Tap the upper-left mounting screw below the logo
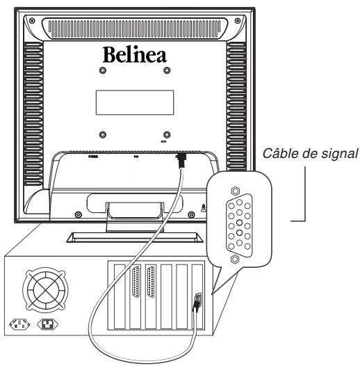103,71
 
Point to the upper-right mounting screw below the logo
165,71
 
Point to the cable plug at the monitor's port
181,161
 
